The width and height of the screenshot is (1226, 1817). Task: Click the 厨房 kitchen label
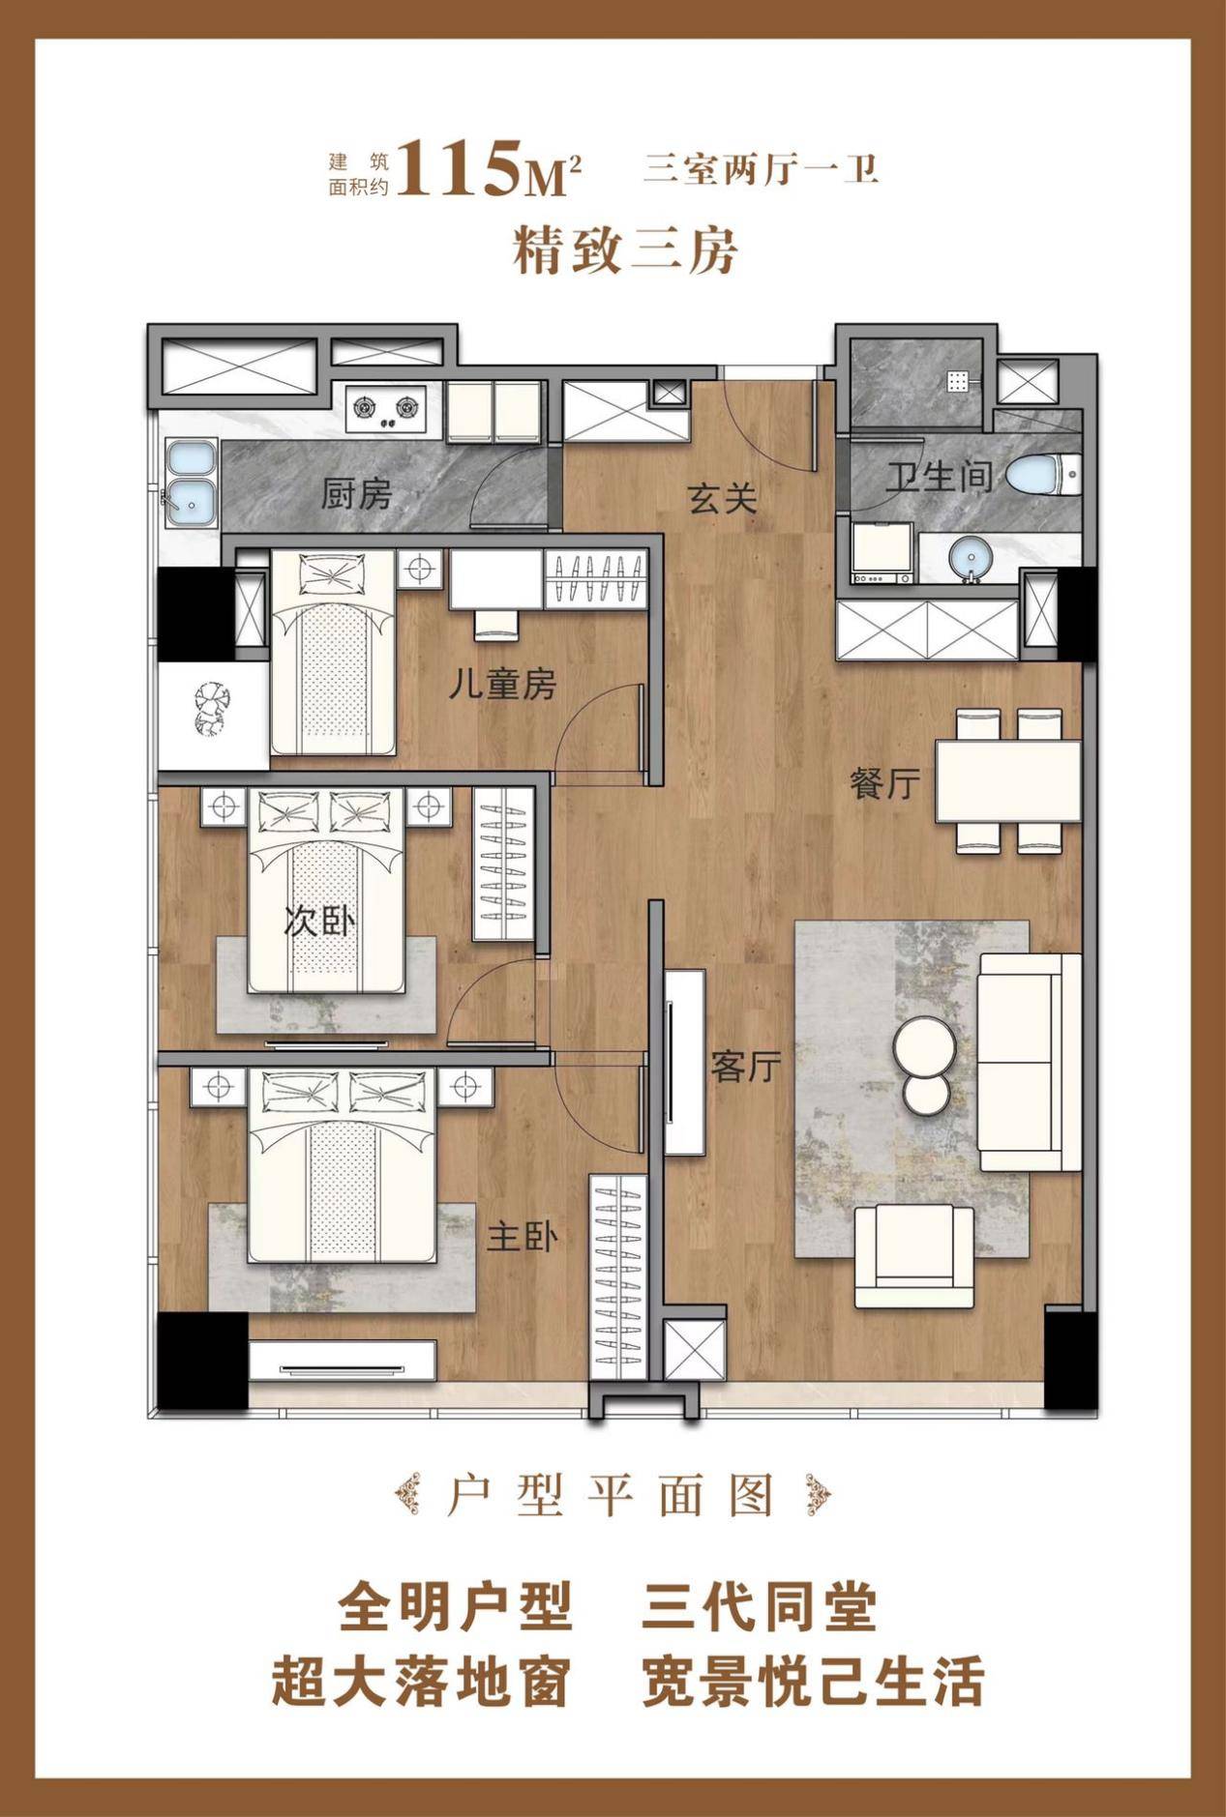point(357,495)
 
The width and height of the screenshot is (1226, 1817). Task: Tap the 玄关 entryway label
point(722,499)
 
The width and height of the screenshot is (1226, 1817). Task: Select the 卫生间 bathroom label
point(940,477)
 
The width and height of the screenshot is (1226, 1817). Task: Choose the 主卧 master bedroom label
point(522,1237)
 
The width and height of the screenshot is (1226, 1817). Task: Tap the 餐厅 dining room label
point(884,783)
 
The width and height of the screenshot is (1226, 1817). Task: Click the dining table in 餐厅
point(1006,781)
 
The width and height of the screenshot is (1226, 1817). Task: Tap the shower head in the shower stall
point(959,383)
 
